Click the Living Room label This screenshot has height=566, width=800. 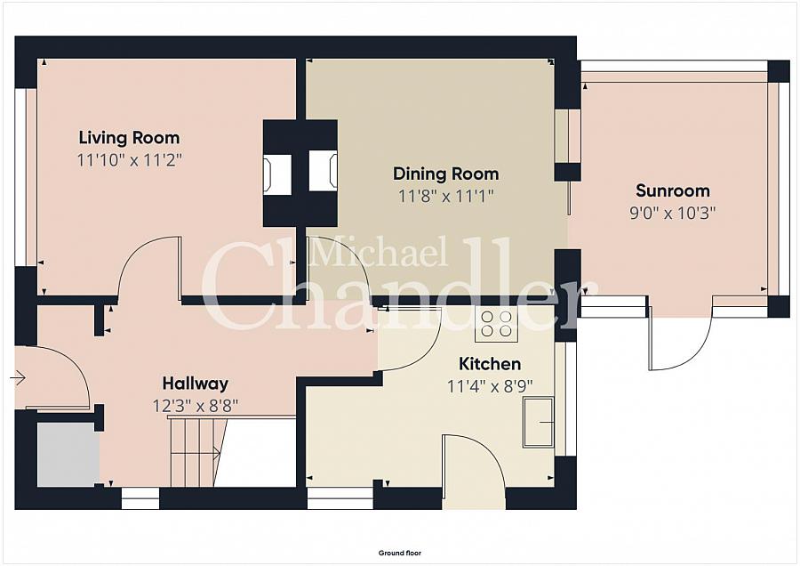[x=129, y=138]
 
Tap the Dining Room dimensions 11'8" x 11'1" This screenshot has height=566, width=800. [x=446, y=196]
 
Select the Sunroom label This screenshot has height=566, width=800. [x=673, y=190]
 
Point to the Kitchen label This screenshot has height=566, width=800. [x=490, y=364]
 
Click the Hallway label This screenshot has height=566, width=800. [x=195, y=384]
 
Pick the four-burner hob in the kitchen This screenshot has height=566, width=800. [x=496, y=324]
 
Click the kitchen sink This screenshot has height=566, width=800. [x=539, y=422]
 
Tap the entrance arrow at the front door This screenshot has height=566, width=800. [x=18, y=378]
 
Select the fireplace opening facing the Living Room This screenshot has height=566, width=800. [x=277, y=174]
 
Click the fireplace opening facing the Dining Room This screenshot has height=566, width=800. [x=324, y=171]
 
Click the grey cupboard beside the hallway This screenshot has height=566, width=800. [x=68, y=455]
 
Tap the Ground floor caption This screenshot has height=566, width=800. [x=400, y=553]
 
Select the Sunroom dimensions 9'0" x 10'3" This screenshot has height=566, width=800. [x=673, y=213]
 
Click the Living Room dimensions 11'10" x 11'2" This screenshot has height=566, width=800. [x=129, y=160]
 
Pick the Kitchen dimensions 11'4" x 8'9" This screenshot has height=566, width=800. [x=490, y=386]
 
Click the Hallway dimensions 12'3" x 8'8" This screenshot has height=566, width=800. [x=195, y=406]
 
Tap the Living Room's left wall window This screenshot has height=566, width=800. [x=20, y=177]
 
